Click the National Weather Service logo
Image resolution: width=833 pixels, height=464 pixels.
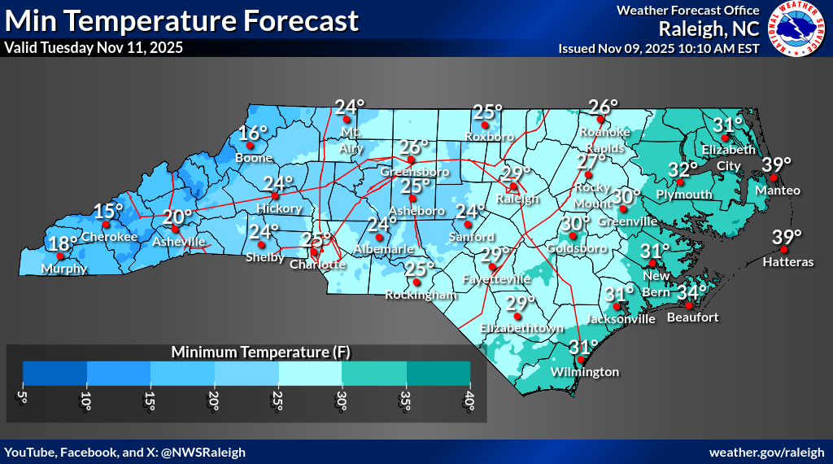[796, 30]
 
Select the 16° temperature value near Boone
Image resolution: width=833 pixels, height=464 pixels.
[253, 134]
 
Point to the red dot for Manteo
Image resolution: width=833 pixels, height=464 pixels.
[774, 177]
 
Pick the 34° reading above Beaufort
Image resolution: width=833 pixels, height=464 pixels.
[692, 291]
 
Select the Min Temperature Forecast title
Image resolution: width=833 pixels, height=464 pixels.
[181, 20]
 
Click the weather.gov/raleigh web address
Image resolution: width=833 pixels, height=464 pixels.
[767, 452]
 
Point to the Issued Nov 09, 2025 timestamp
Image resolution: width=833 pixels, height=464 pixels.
[659, 48]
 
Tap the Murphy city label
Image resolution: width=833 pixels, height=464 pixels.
[66, 269]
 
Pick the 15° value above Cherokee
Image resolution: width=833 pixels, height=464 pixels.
[108, 212]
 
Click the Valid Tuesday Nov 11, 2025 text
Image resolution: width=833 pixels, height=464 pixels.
[94, 48]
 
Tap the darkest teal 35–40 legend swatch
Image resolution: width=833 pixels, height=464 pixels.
[438, 372]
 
